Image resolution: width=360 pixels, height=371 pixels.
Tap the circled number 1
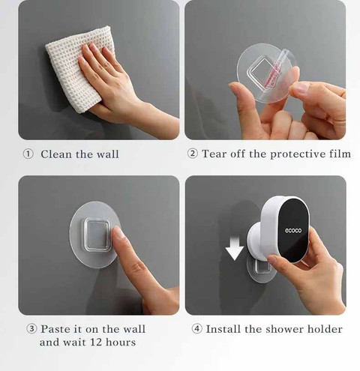click(28, 154)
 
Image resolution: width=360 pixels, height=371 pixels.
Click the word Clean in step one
click(56, 154)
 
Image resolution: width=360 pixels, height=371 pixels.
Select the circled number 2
click(193, 154)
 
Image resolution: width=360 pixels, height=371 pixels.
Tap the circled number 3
click(31, 329)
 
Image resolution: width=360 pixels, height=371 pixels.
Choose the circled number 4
click(196, 329)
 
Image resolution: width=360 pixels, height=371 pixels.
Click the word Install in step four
click(223, 329)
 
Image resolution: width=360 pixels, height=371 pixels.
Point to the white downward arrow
click(234, 249)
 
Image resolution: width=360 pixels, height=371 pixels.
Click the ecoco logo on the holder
click(293, 230)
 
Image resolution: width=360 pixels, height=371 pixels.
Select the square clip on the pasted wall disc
click(97, 235)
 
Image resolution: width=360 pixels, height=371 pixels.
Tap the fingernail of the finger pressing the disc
click(117, 232)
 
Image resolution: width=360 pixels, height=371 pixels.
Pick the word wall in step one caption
click(107, 154)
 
